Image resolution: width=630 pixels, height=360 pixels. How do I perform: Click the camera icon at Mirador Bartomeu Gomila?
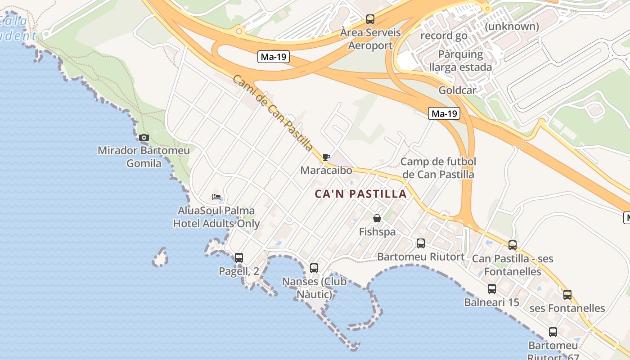144,138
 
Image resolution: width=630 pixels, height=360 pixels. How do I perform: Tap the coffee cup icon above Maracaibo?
326,157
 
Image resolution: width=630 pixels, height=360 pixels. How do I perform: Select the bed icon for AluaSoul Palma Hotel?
216,197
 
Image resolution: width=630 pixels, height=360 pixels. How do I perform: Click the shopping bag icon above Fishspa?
377,219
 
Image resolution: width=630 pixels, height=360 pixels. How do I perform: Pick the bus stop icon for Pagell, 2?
239,258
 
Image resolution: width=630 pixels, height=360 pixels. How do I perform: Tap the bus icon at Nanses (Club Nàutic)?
314,268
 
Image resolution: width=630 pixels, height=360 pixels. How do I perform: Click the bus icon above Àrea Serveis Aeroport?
370,19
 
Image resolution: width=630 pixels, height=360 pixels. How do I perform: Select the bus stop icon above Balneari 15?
492,289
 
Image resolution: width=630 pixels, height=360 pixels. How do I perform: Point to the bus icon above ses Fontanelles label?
567,295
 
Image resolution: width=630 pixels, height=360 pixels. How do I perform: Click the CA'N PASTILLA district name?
360,194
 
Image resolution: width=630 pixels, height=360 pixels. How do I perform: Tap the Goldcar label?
457,90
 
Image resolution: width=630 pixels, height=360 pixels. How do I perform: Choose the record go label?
444,36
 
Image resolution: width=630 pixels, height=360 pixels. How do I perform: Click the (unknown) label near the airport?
512,27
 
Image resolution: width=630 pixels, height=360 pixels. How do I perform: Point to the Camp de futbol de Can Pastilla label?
438,168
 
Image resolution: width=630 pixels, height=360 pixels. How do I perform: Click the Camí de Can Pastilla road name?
273,112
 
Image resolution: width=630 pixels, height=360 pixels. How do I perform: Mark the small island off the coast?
160,258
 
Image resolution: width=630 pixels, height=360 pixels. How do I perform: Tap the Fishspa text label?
377,232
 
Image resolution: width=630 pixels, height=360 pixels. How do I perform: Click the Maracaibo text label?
326,171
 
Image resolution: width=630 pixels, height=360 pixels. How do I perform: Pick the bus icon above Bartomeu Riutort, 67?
553,332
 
